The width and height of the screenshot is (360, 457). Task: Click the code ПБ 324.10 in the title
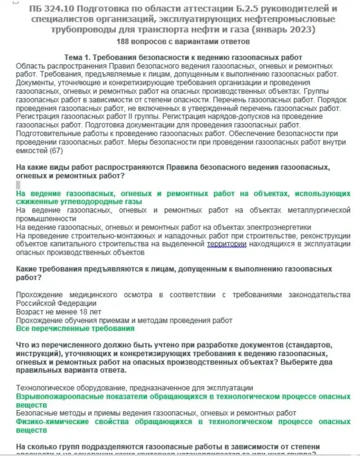(x=53, y=9)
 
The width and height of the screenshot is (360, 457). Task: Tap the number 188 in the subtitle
(x=123, y=42)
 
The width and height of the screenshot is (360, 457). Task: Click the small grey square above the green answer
(x=18, y=185)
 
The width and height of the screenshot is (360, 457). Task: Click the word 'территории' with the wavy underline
(x=227, y=244)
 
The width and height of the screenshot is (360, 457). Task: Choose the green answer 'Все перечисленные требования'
(x=75, y=328)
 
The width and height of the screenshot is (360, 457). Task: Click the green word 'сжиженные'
(x=34, y=202)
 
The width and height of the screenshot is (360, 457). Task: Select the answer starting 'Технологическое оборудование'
(x=135, y=388)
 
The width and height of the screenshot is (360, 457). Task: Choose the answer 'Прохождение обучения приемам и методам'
(x=124, y=320)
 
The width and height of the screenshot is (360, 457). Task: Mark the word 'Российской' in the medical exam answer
(x=35, y=303)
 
